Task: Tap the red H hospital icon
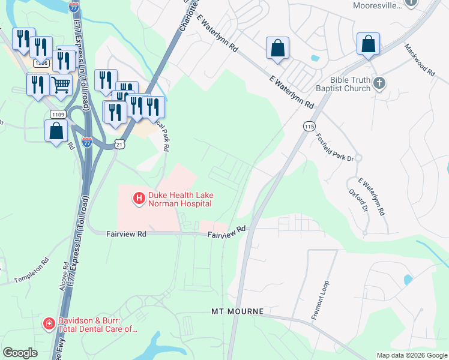click(x=139, y=197)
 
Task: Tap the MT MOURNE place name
click(x=237, y=312)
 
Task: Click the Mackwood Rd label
click(x=419, y=59)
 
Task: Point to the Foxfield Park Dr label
click(x=335, y=148)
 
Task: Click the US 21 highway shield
click(x=119, y=145)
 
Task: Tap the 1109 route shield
click(x=57, y=114)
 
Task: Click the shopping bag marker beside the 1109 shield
click(x=56, y=130)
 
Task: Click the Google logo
click(x=21, y=353)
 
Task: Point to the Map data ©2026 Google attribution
click(x=412, y=355)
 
